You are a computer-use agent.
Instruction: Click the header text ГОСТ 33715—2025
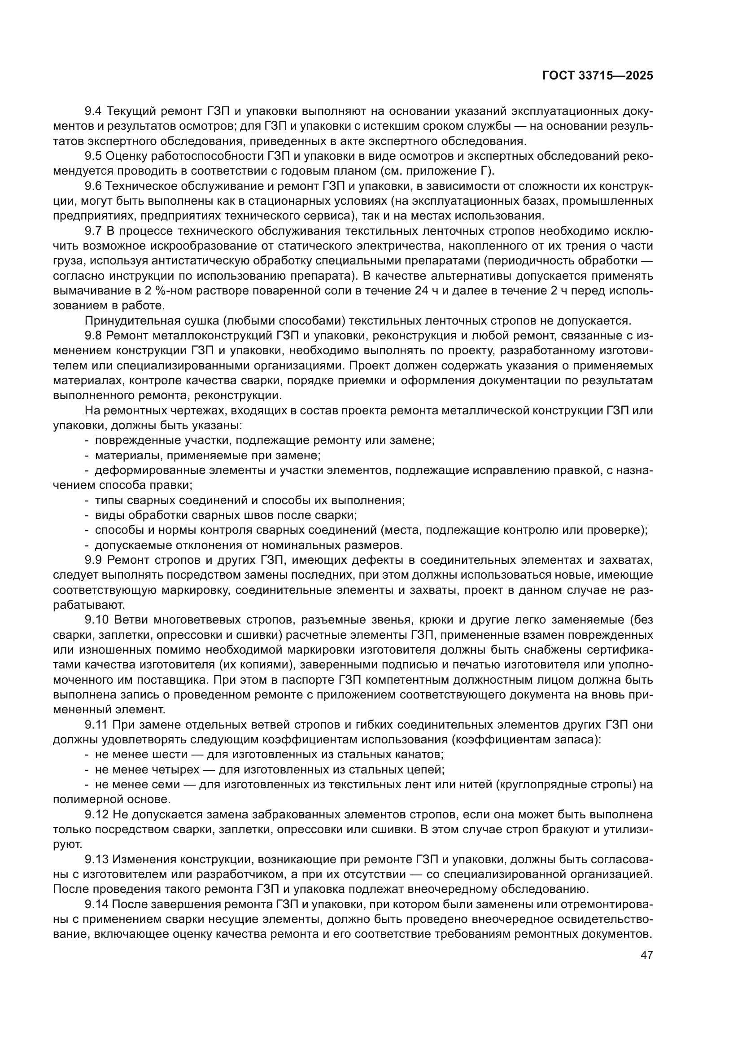pos(598,76)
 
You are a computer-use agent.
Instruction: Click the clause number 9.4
pos(95,111)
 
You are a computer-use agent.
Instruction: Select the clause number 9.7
pos(95,231)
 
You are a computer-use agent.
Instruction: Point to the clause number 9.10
pos(97,620)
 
